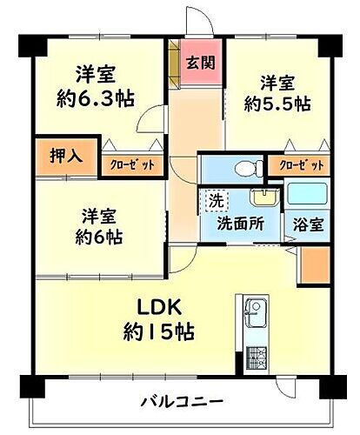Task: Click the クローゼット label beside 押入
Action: pos(131,164)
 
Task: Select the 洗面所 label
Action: pos(242,223)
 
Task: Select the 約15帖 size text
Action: pos(158,332)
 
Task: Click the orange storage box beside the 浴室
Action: pos(316,265)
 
